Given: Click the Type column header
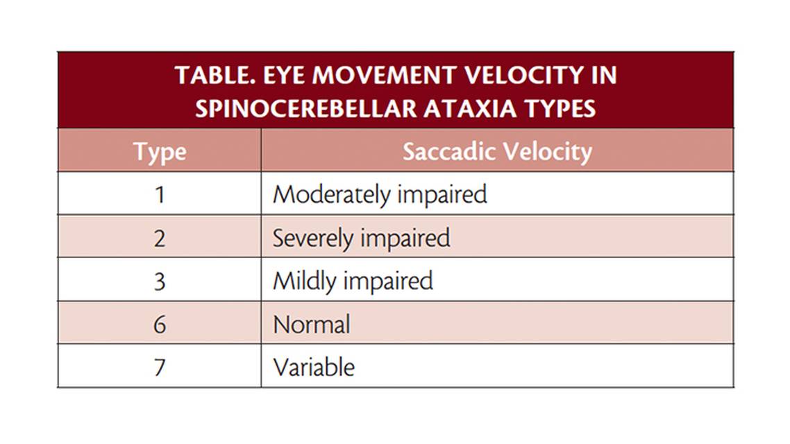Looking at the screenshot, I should (160, 151).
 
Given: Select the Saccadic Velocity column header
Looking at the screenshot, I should (497, 151).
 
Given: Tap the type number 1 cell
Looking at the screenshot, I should (160, 194).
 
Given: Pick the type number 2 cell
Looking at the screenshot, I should (160, 238).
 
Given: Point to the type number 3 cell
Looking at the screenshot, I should (160, 281).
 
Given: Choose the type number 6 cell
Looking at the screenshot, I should (160, 324).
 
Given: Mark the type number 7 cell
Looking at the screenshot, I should (160, 367).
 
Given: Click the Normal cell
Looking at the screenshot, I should (312, 324).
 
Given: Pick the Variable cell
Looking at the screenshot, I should (314, 367).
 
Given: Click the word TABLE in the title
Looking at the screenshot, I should (211, 75).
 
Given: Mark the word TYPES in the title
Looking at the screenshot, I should (562, 108).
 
